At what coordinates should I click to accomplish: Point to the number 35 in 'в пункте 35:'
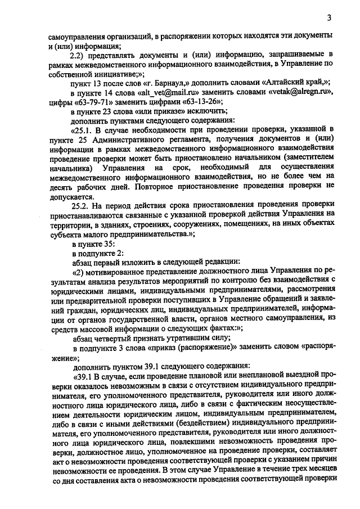pos(107,244)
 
